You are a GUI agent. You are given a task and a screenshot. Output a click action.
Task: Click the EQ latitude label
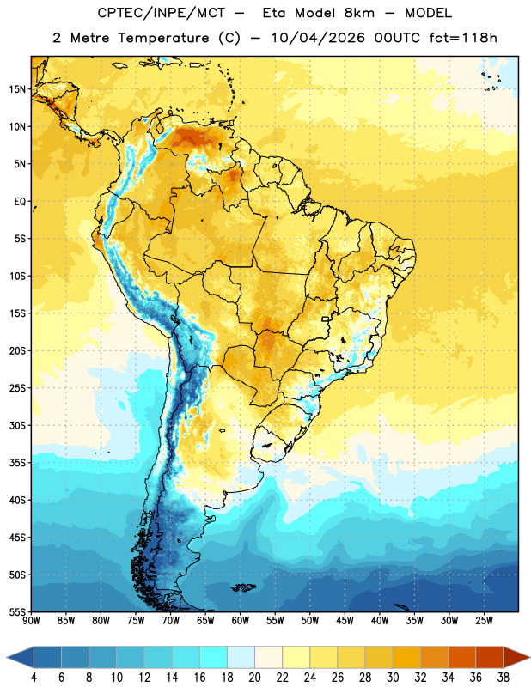click(x=20, y=202)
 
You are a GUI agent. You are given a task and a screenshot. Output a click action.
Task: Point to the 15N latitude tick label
click(x=17, y=89)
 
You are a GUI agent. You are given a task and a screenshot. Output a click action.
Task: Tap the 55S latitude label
click(x=17, y=612)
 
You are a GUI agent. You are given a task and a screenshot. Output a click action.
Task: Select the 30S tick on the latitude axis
click(x=17, y=425)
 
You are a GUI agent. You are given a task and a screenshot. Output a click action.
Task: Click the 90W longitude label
click(x=31, y=621)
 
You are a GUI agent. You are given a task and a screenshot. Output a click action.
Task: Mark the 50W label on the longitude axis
click(x=310, y=621)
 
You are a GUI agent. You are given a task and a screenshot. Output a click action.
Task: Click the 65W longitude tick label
click(x=205, y=621)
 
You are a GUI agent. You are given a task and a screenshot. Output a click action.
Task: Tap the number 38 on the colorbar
click(x=504, y=678)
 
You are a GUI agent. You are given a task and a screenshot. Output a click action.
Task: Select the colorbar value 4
click(x=34, y=678)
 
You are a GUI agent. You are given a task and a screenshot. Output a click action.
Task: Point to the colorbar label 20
click(x=254, y=678)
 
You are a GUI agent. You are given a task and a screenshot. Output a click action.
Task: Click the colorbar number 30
click(x=393, y=678)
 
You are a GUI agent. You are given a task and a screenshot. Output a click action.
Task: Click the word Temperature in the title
click(x=164, y=38)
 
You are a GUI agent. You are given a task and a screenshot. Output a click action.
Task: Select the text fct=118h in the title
click(x=463, y=38)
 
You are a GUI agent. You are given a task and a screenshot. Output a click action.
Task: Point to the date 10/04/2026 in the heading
click(x=318, y=38)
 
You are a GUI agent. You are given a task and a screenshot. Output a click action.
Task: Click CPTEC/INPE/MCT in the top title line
click(x=162, y=13)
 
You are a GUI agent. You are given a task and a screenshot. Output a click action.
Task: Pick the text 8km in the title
click(x=359, y=13)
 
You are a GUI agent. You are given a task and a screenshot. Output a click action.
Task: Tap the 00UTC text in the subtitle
click(x=397, y=38)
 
